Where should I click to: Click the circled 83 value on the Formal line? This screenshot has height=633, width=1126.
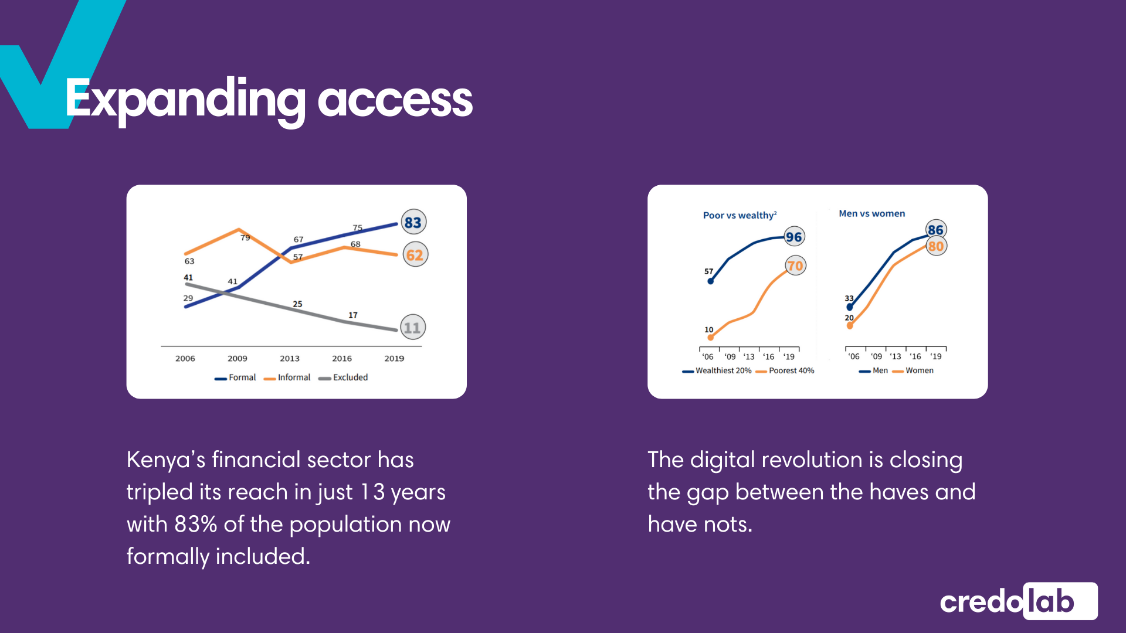pos(413,222)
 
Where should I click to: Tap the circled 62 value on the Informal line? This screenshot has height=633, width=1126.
pos(415,254)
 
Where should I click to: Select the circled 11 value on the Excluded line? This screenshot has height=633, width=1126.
pos(413,327)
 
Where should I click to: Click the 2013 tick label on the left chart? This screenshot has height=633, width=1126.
pos(290,358)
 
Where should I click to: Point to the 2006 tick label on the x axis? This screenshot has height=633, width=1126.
pos(185,358)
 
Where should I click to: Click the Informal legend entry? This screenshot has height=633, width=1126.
pos(287,377)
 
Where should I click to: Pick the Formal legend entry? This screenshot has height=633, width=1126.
pos(235,377)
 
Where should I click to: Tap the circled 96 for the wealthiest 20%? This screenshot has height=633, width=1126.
pos(794,237)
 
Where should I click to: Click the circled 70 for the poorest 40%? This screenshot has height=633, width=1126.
pos(795,266)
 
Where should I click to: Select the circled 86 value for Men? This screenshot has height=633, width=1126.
pos(935,230)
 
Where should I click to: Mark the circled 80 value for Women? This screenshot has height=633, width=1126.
pos(936,246)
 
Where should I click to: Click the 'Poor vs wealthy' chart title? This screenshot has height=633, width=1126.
pos(740,215)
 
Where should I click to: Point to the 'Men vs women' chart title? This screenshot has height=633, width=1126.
pos(872,213)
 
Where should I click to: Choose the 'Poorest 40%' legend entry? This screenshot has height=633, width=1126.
pos(785,370)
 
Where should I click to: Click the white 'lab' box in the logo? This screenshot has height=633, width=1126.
pos(1060,601)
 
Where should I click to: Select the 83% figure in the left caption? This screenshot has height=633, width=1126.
pos(196,524)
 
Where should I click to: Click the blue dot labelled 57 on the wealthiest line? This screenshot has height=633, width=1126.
pos(711,281)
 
